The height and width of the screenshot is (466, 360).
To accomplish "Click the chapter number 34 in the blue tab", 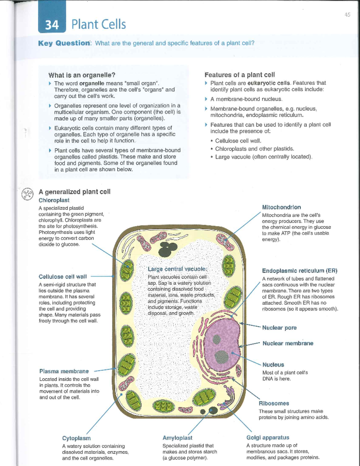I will coord(52,25).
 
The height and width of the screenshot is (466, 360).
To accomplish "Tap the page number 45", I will coord(347,15).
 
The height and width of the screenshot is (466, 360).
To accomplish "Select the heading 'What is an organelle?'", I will coord(82,75).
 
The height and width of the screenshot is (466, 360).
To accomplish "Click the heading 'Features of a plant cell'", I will coord(239,75).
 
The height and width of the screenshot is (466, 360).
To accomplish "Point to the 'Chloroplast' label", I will coord(54,200).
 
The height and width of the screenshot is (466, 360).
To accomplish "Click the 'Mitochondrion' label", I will coord(281,207).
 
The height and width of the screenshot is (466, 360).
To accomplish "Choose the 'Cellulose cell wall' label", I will coord(62,277).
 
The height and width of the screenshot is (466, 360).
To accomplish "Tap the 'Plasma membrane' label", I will coord(64,371).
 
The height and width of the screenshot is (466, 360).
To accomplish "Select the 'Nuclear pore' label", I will coord(279,328).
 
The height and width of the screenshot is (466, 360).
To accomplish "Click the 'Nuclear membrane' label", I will coord(288,343).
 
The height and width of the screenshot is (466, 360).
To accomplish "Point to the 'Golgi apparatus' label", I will coord(268,437).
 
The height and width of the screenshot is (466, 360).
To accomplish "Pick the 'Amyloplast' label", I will coord(177,438).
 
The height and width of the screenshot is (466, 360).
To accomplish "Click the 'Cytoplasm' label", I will coord(76,438).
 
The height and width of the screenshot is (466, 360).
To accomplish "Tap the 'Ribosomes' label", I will coord(274,403).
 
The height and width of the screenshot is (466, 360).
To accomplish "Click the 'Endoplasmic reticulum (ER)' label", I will coord(299,271).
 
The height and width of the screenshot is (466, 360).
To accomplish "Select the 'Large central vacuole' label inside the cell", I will coord(177,269).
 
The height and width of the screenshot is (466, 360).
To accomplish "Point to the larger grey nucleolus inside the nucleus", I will coord(222,356).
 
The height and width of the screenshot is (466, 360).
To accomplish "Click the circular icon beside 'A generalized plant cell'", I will coord(27,194).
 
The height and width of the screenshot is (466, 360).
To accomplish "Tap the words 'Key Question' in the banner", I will coord(64,43).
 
